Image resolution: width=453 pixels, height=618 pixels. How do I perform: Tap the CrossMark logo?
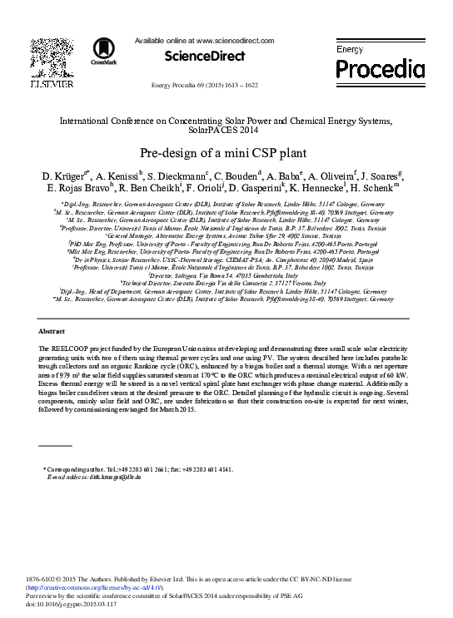coord(103,50)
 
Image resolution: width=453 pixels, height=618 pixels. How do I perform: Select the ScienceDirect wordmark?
coord(205,57)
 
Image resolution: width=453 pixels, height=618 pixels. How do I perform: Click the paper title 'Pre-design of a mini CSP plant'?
coord(226,154)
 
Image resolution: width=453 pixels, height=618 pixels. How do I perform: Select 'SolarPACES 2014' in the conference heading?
coord(226,131)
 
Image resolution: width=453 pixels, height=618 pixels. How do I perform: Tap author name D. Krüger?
coord(64,177)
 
